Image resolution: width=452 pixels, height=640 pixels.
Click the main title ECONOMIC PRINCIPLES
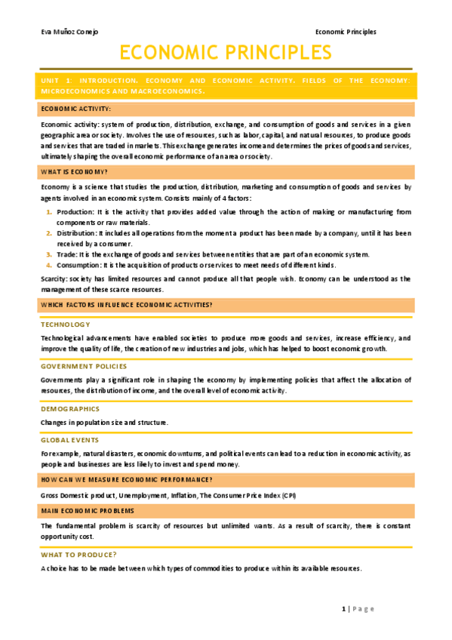[226, 53]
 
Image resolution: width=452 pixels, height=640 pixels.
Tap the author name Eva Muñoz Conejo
[69, 32]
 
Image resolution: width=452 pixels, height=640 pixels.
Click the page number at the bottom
[343, 609]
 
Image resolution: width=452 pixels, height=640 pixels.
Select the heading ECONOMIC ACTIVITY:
[75, 109]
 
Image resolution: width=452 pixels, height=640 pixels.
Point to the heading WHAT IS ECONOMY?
[74, 172]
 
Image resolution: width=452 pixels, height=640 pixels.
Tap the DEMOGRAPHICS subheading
[70, 408]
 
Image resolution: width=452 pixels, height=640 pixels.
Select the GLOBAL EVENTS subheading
[70, 439]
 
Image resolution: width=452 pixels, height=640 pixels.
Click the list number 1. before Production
[49, 212]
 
